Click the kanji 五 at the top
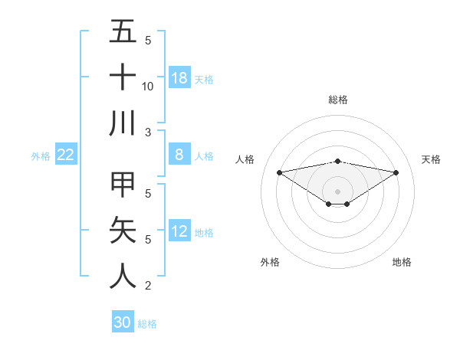(123, 32)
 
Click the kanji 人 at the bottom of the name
(123, 276)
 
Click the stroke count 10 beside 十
(148, 86)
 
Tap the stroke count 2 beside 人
(148, 286)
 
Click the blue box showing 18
(179, 77)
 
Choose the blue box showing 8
(179, 154)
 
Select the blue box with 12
(179, 231)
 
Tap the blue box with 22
(66, 155)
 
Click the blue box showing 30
(123, 322)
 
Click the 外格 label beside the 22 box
(41, 156)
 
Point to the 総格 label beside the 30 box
(147, 324)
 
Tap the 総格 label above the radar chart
(337, 100)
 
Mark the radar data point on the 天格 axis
(396, 172)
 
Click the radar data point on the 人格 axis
(279, 172)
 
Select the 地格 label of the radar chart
(402, 263)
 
